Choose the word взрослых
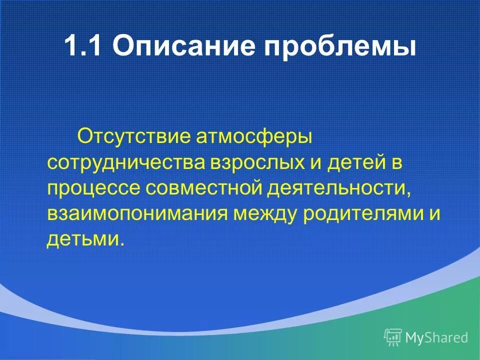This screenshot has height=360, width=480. coord(254,164)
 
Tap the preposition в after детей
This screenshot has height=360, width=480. coord(396,164)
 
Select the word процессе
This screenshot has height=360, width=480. coord(93,189)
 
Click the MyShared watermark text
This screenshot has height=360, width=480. coord(437,337)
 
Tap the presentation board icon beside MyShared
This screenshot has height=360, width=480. coord(393,337)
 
